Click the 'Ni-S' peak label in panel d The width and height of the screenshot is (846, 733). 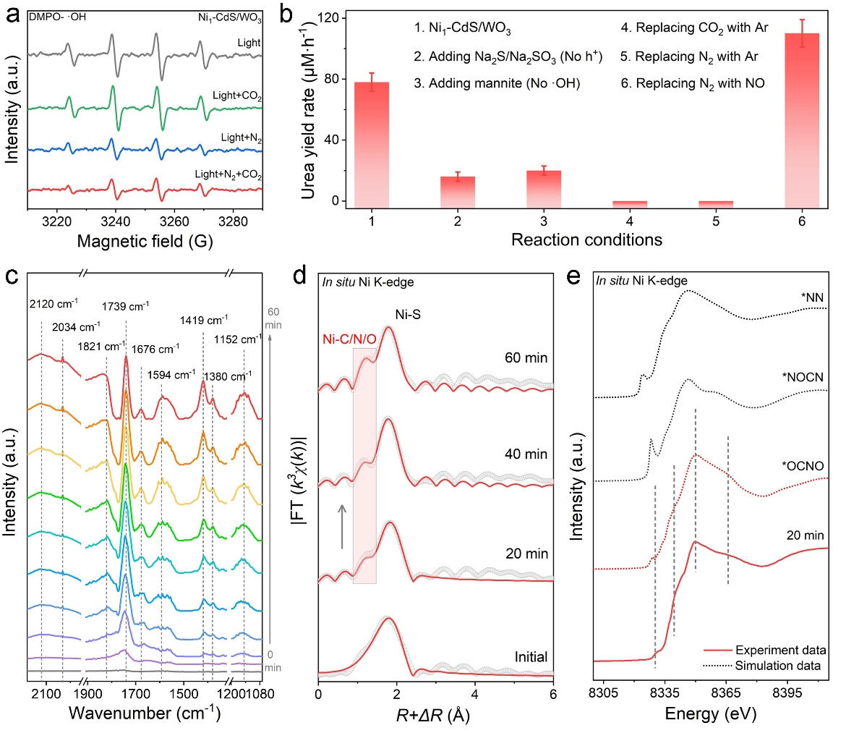(411, 315)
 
